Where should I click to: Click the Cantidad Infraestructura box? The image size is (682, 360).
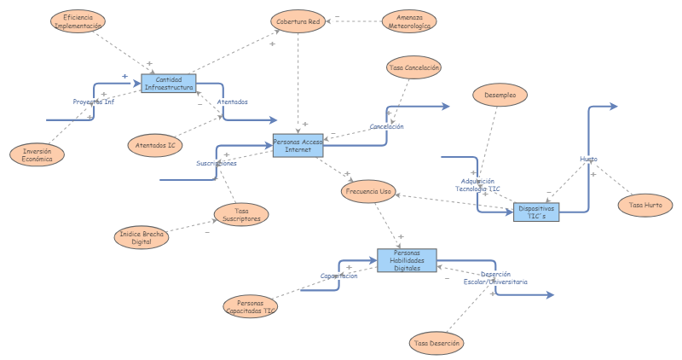click(x=169, y=83)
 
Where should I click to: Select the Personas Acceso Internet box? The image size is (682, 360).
click(x=298, y=145)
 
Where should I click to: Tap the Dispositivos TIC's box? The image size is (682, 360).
click(x=537, y=212)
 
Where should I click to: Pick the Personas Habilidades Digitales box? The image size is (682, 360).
click(x=407, y=261)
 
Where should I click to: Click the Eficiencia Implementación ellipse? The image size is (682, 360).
click(x=79, y=21)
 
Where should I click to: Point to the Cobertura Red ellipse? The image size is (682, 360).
click(x=298, y=21)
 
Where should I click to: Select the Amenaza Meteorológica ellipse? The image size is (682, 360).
click(x=409, y=21)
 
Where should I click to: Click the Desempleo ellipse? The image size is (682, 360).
click(x=500, y=95)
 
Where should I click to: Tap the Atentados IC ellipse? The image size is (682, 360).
click(x=155, y=145)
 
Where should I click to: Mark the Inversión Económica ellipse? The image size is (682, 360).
click(x=37, y=154)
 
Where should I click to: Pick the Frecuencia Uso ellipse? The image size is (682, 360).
click(x=368, y=192)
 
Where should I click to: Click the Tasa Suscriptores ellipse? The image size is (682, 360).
click(x=240, y=214)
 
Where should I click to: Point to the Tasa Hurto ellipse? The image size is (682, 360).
click(x=645, y=205)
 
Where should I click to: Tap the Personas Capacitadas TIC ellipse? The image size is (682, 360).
click(x=251, y=306)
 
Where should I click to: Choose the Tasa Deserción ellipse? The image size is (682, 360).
click(x=437, y=343)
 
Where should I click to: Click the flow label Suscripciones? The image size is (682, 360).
click(x=217, y=163)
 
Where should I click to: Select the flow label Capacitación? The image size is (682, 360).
click(x=338, y=276)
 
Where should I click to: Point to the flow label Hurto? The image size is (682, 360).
click(x=588, y=160)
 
